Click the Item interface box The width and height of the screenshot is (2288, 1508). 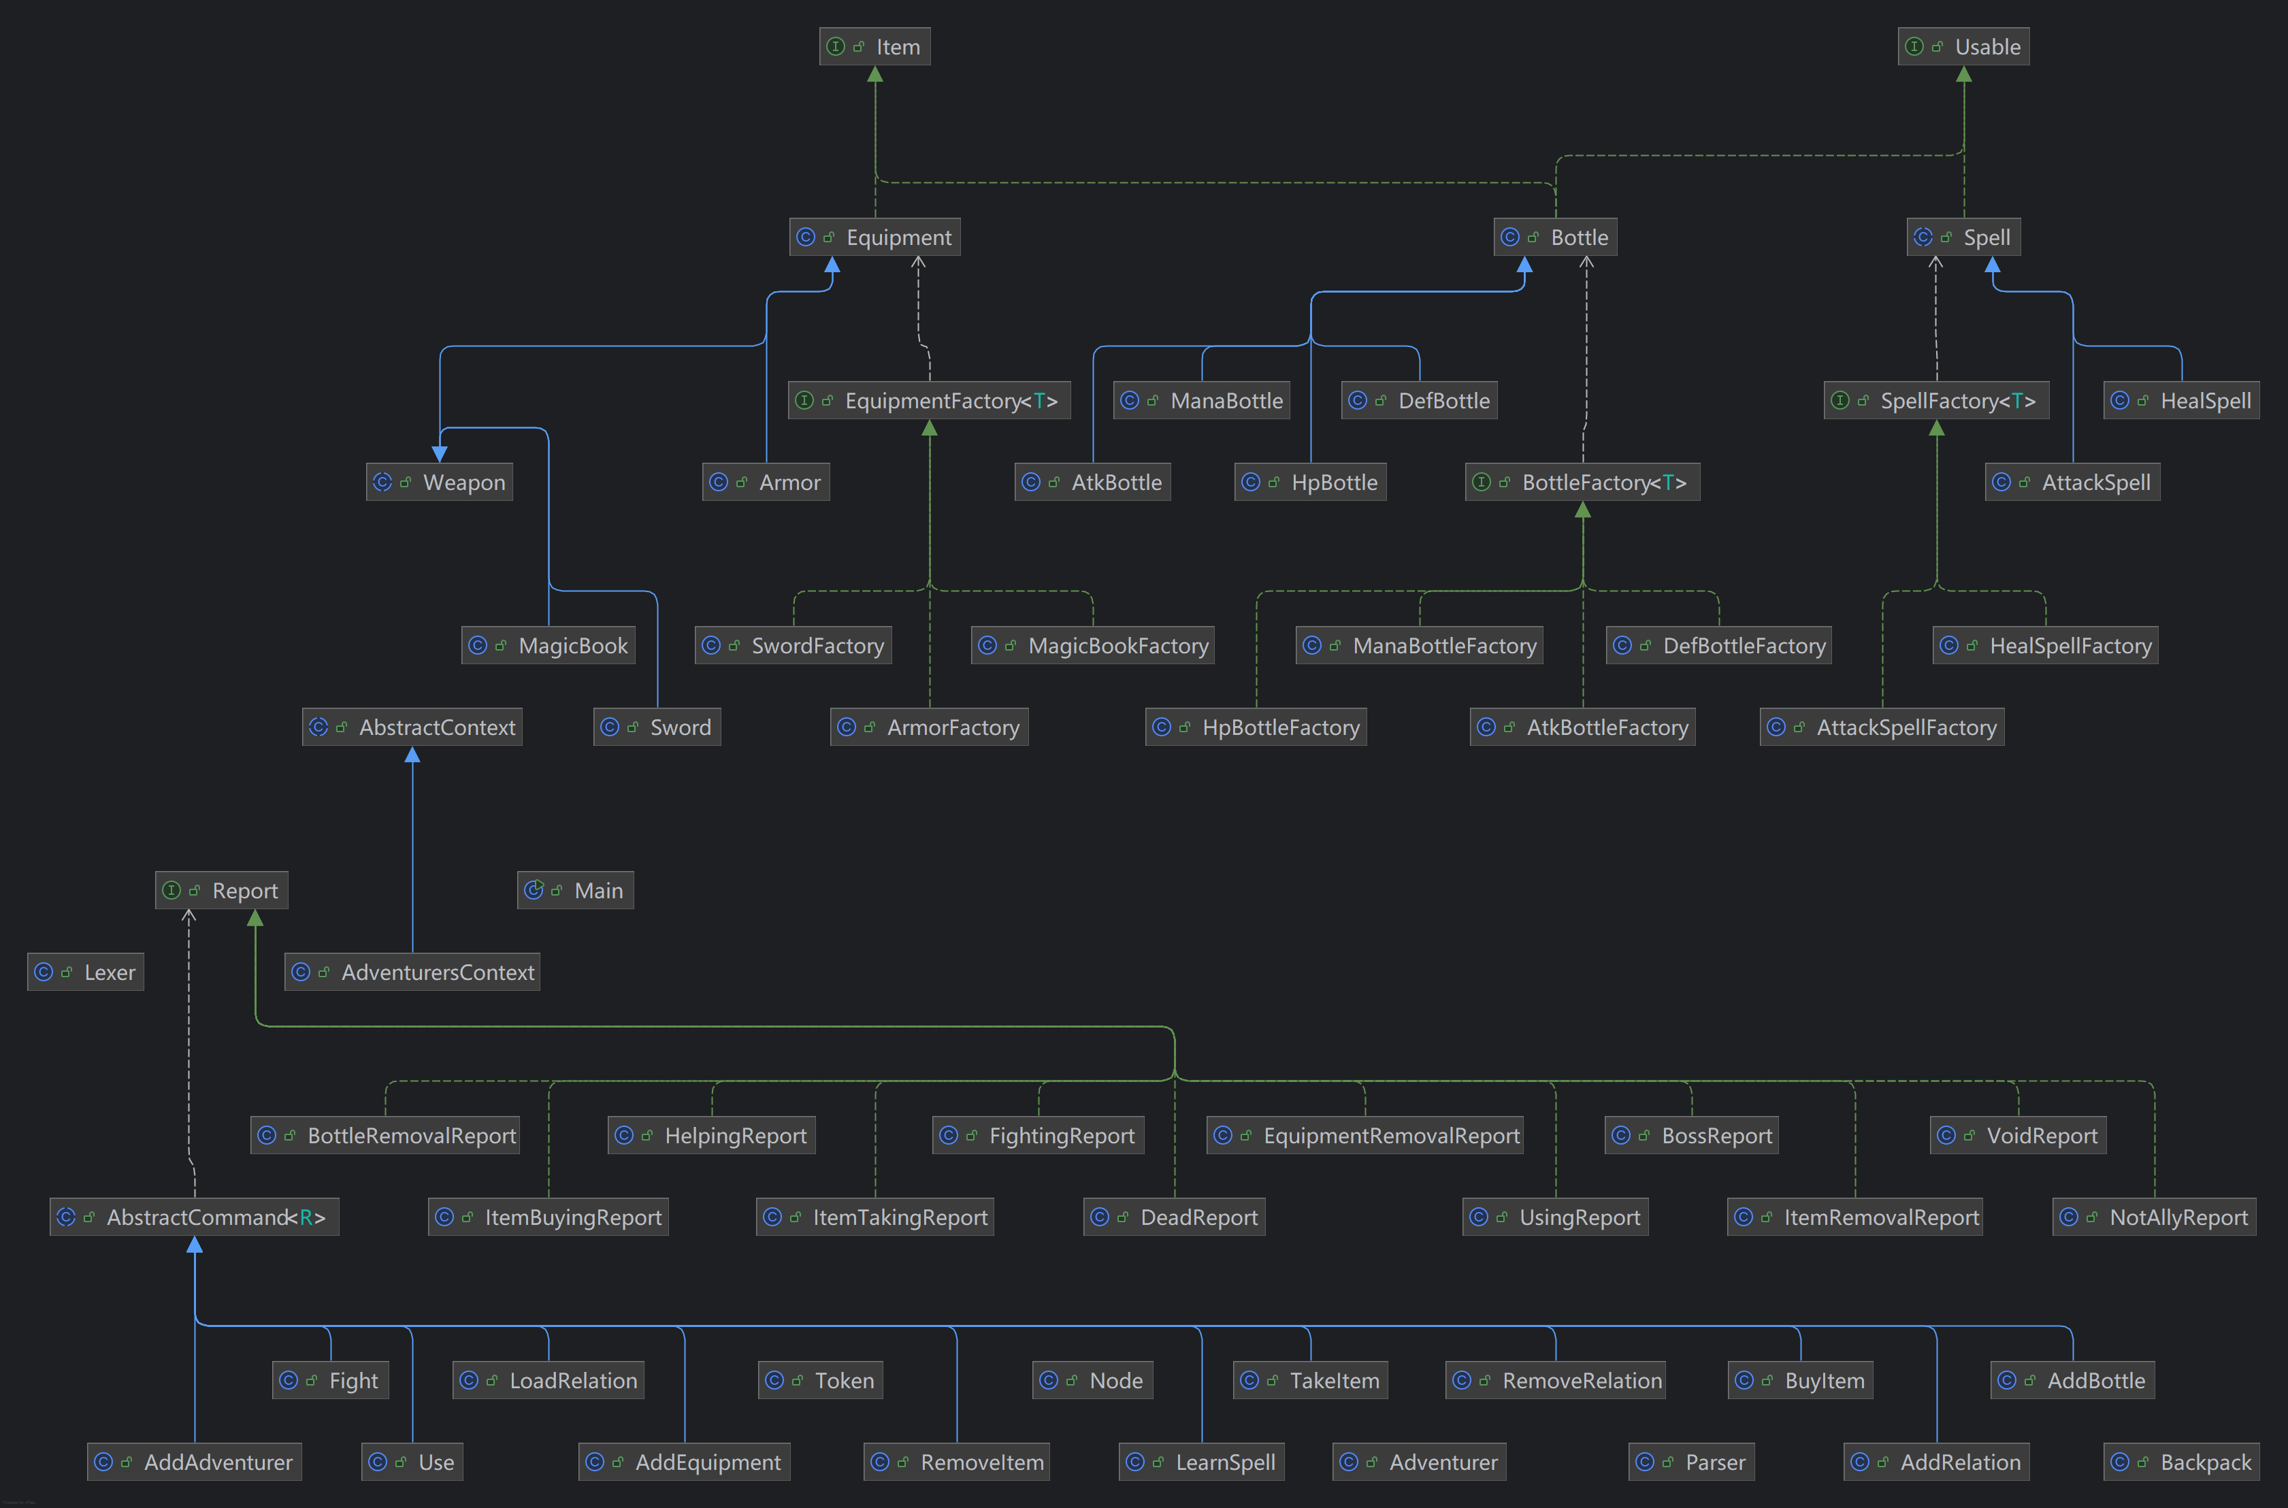tap(875, 46)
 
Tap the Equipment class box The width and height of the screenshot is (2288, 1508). tap(875, 237)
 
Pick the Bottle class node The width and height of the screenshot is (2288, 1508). tap(1554, 237)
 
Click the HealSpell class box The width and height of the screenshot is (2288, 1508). tap(2180, 401)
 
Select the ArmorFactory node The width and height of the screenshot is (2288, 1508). tap(929, 727)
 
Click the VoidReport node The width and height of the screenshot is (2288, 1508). tap(2018, 1136)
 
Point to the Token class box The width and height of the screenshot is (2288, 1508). tap(820, 1381)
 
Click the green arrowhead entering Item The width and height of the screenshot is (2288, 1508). tap(875, 74)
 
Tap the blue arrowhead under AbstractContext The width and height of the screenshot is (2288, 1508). tap(412, 755)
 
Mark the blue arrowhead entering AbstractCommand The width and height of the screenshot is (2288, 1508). tap(194, 1245)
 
